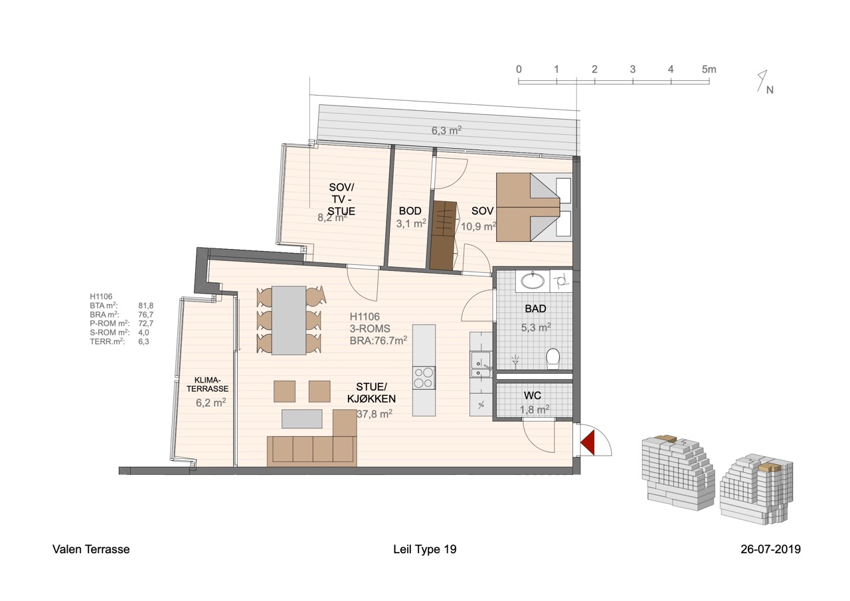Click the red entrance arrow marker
coord(588,440)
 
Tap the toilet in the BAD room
coord(553,359)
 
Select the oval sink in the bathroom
coord(533,282)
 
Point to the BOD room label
coord(410,211)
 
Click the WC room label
coord(532,396)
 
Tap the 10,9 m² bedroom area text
coord(479,226)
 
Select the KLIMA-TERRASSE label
coord(207,385)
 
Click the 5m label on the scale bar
coord(709,70)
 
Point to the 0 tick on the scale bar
coord(519,81)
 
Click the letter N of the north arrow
coord(770,90)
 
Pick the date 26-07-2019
coord(771,549)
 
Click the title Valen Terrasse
coord(91,549)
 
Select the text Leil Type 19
coord(424,549)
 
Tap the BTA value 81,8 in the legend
coord(145,305)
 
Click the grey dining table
coord(289,321)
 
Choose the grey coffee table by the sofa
coord(302,418)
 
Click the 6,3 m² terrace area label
coord(446,131)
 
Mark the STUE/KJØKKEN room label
coord(371,392)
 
